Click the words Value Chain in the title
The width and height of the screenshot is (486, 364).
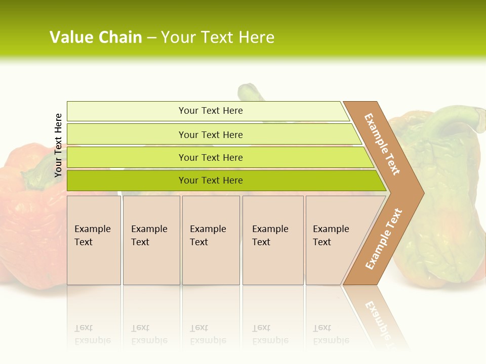pyautogui.click(x=96, y=37)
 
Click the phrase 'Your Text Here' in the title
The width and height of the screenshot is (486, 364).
pyautogui.click(x=218, y=37)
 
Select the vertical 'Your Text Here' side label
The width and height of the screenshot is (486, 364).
pyautogui.click(x=58, y=145)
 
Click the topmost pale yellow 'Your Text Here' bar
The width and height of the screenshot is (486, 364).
pyautogui.click(x=210, y=111)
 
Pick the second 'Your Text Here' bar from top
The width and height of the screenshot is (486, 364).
pyautogui.click(x=210, y=134)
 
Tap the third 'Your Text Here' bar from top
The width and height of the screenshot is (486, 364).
pyautogui.click(x=210, y=157)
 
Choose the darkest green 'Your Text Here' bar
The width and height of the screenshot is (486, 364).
pyautogui.click(x=210, y=180)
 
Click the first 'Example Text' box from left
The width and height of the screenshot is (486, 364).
pyautogui.click(x=94, y=240)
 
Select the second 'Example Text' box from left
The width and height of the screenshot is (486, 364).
pyautogui.click(x=151, y=240)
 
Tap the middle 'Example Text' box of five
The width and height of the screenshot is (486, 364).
pyautogui.click(x=211, y=240)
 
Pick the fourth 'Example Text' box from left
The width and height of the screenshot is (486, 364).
pyautogui.click(x=272, y=240)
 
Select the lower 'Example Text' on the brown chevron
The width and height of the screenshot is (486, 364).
pyautogui.click(x=383, y=239)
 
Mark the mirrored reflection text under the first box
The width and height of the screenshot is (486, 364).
pyautogui.click(x=93, y=334)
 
